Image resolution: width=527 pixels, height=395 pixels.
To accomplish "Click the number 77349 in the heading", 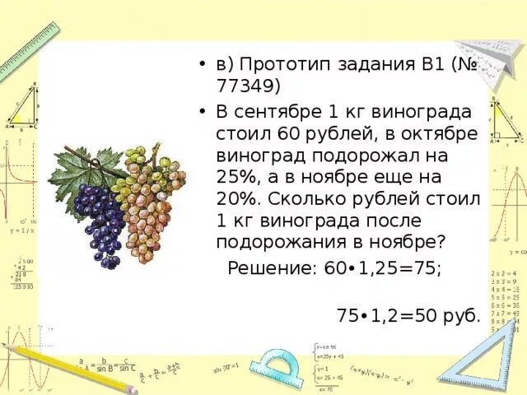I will coord(250,86).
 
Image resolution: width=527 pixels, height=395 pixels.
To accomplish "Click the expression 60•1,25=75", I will coord(385,268).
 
